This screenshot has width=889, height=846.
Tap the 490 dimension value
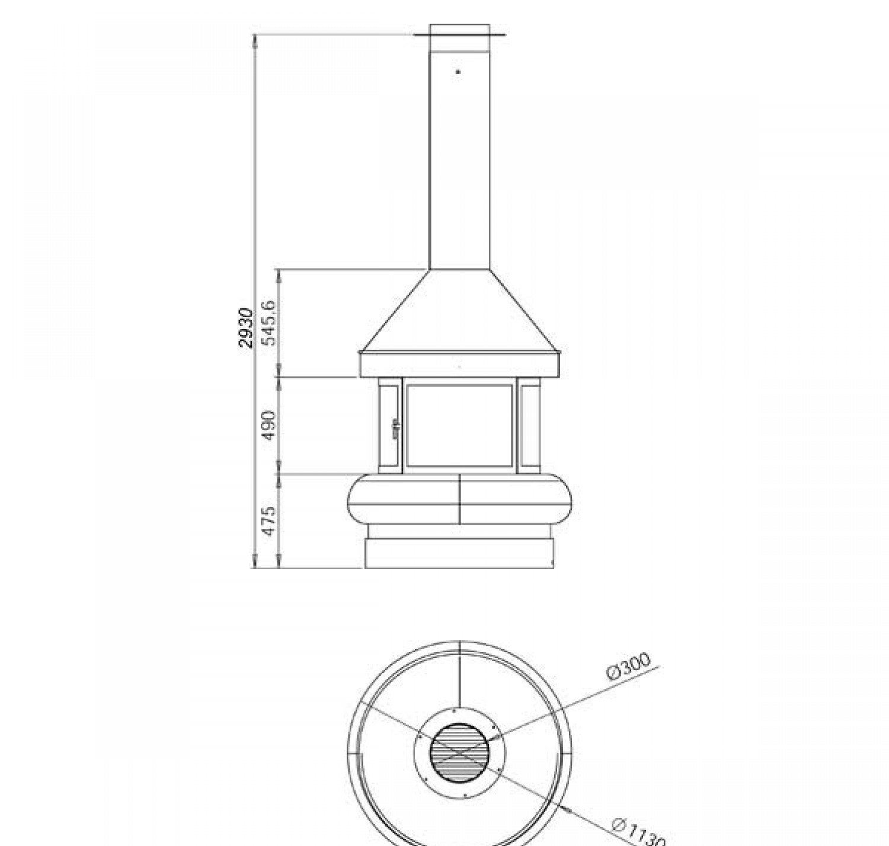click(269, 425)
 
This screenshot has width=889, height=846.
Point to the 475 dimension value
click(269, 521)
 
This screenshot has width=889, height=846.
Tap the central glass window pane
click(459, 426)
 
